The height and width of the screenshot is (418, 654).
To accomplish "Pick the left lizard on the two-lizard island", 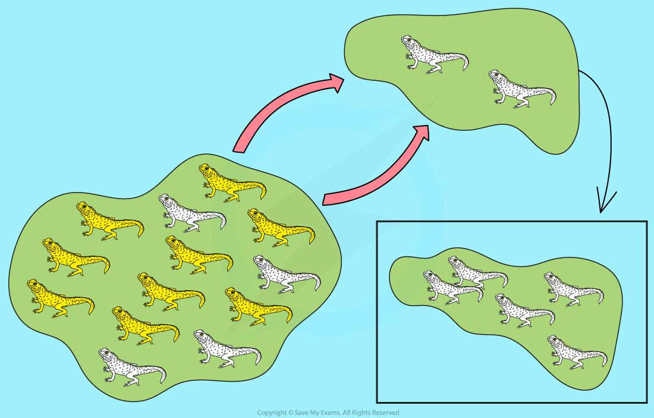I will point(431,55).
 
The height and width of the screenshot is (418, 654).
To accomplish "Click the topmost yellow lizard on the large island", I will point(229,181).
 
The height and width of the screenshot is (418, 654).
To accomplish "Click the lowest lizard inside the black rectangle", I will point(573,352).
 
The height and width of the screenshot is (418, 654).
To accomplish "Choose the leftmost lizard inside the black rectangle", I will point(449,286).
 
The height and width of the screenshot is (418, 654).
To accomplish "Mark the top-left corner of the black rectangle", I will point(378,222).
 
